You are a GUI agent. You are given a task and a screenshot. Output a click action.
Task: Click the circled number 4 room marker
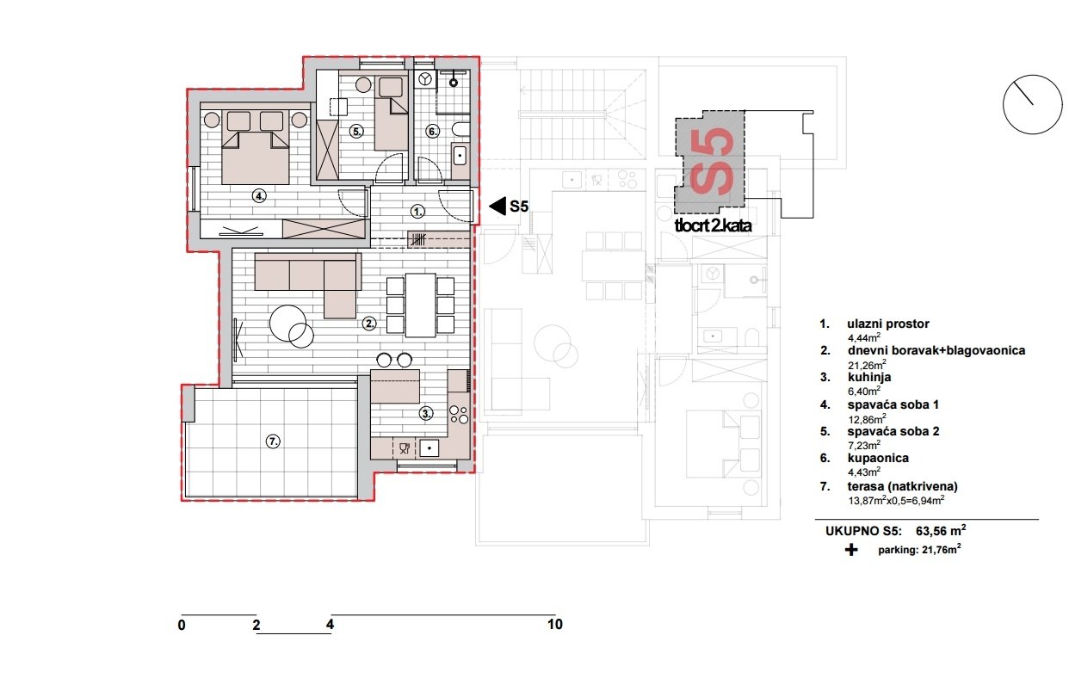[x=259, y=196]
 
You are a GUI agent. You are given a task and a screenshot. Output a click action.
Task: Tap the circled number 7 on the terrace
[x=273, y=441]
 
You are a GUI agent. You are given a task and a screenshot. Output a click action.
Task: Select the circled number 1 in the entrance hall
[x=417, y=210]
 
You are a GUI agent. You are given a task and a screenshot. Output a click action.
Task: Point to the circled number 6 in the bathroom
[x=433, y=132]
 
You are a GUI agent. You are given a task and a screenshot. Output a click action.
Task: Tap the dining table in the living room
[x=421, y=305]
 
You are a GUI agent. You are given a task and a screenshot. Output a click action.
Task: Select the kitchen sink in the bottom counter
[x=428, y=447]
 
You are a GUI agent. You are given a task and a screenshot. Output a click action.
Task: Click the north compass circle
[x=1032, y=104]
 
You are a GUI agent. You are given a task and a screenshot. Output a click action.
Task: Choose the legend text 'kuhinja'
[x=858, y=378]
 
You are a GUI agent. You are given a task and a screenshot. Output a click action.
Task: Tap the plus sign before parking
[x=851, y=550]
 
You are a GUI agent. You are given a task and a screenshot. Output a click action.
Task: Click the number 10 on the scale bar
[x=554, y=625]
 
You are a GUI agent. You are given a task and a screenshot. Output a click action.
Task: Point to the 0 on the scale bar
[x=182, y=626]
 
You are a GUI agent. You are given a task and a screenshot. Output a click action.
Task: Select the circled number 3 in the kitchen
[x=425, y=413]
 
